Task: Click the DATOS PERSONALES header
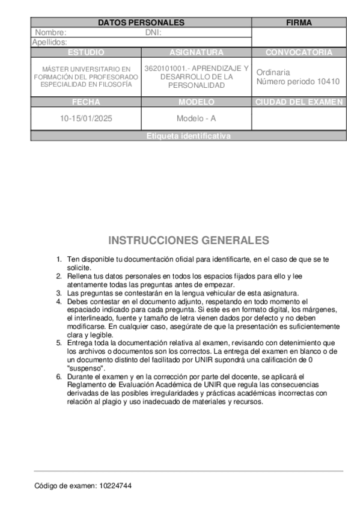[141, 23]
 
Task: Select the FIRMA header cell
[299, 23]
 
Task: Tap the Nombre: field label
[50, 32]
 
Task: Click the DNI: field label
[154, 32]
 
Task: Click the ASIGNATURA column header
[197, 52]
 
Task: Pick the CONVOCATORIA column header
[299, 52]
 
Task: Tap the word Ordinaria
[273, 72]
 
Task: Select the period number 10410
[328, 82]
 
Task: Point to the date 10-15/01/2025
[86, 118]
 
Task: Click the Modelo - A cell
[197, 118]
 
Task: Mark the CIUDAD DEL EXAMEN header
[299, 102]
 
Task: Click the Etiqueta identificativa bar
[188, 137]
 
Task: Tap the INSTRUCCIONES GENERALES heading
[189, 241]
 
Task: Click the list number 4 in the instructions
[59, 301]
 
